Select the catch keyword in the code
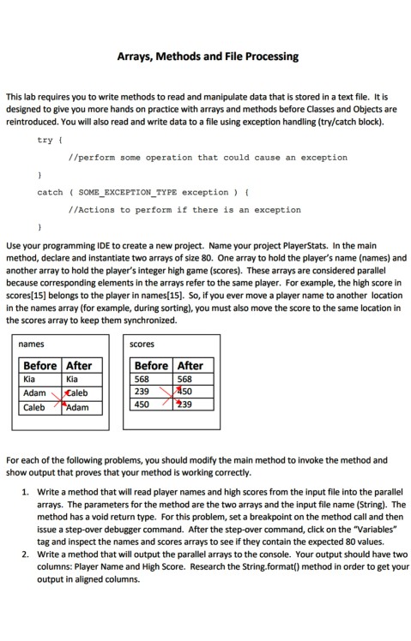[50, 192]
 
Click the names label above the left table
[32, 344]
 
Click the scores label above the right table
[142, 344]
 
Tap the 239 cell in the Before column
[142, 393]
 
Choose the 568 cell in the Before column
[142, 379]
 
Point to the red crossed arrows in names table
[61, 400]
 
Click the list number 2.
[26, 554]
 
